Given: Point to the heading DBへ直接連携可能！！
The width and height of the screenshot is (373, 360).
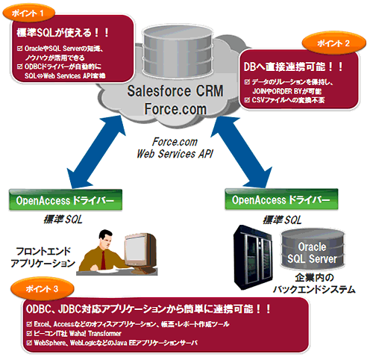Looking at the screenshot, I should click(x=293, y=66).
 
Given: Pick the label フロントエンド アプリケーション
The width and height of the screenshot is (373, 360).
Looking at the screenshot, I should click(x=43, y=258).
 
